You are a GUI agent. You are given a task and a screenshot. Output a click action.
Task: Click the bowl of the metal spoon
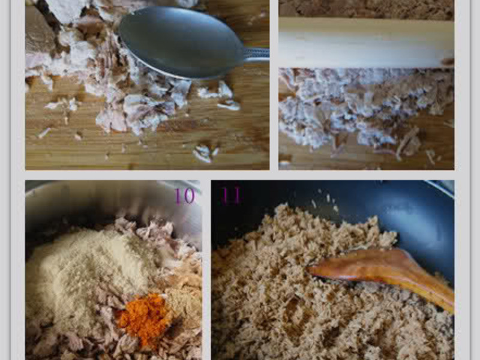[x=181, y=43]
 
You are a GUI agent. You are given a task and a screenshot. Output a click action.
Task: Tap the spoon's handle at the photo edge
[x=257, y=55]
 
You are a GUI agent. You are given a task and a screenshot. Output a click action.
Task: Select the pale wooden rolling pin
[x=366, y=43]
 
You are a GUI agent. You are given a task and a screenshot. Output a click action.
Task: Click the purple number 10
[x=185, y=196]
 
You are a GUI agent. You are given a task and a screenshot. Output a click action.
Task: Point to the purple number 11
[x=231, y=196]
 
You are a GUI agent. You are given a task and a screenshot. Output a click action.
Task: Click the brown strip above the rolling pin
[x=366, y=9]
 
